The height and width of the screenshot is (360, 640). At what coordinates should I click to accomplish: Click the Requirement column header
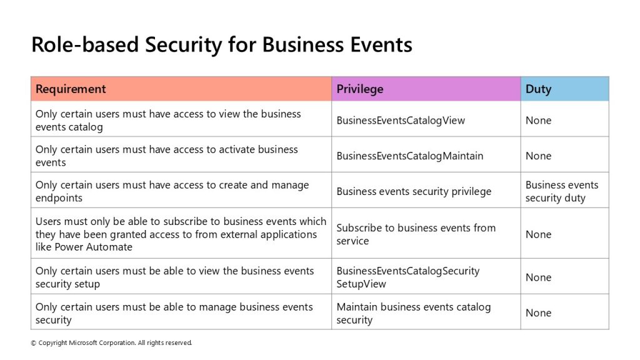click(181, 89)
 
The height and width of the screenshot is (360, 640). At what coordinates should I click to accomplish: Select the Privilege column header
click(426, 89)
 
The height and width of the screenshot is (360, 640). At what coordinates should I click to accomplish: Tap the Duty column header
click(565, 89)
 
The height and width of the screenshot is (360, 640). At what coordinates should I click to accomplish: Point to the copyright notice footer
click(111, 343)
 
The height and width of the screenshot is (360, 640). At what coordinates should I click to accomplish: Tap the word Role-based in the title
click(85, 44)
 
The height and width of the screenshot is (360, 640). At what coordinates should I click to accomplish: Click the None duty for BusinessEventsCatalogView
click(538, 121)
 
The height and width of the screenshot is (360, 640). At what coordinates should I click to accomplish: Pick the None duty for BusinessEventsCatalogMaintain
click(538, 156)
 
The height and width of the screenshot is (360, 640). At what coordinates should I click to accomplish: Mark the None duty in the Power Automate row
click(538, 234)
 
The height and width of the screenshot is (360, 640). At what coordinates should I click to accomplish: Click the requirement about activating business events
click(166, 156)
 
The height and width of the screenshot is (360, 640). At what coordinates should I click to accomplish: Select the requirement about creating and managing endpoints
click(172, 191)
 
